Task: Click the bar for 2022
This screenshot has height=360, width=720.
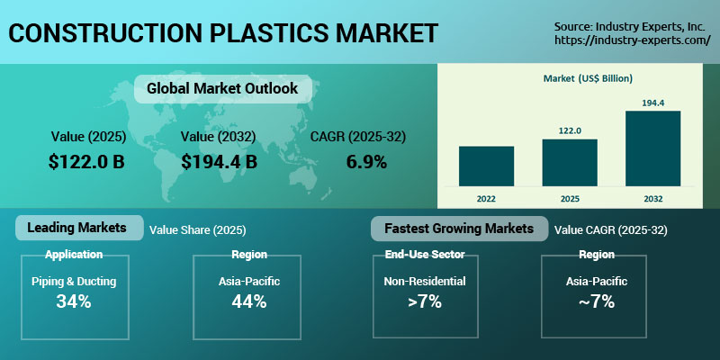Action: pos(486,165)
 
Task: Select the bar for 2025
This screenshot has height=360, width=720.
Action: pos(569,161)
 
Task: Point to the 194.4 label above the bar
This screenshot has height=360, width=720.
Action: pos(652,103)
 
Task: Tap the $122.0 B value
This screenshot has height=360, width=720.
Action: pos(88,162)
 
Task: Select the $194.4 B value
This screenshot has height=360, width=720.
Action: pos(219,162)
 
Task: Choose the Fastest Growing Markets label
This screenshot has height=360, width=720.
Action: pos(459,229)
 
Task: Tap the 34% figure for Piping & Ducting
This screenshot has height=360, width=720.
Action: pos(74,301)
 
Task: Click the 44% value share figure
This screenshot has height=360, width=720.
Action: pos(247,301)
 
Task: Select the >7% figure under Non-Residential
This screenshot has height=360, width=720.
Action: pos(424,301)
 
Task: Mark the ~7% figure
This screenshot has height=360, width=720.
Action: pos(597,301)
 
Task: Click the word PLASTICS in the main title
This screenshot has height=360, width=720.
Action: pos(267,34)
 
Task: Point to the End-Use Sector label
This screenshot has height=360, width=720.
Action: pos(424,255)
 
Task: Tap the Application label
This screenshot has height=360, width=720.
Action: pos(74,255)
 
